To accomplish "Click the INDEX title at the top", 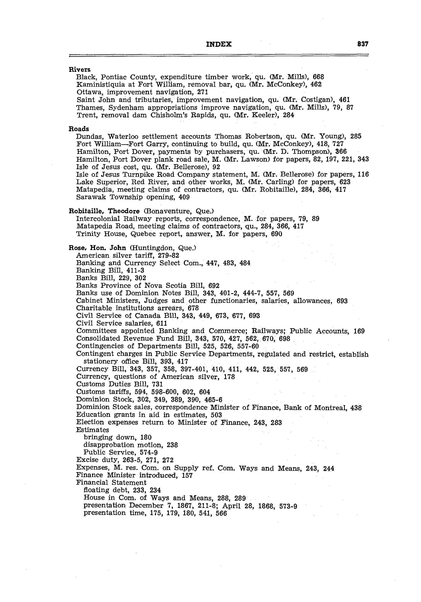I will (x=219, y=44).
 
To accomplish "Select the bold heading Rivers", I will (x=79, y=69).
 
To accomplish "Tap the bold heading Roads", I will (x=79, y=129).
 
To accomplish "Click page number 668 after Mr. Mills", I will (x=318, y=77).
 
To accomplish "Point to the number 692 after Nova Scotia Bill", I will (x=214, y=286).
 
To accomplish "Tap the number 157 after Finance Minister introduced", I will (x=187, y=475).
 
